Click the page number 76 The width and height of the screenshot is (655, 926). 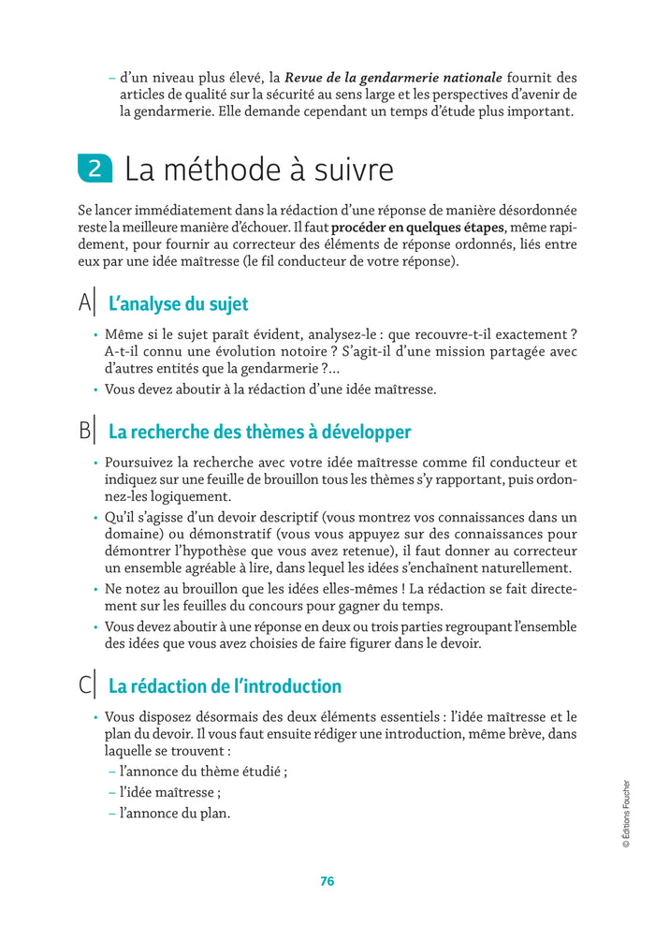(x=327, y=881)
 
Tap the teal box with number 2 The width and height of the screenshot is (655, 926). (x=95, y=169)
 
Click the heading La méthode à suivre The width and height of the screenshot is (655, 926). (x=259, y=169)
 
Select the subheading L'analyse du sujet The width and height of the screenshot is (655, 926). (x=178, y=304)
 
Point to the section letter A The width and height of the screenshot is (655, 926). (x=85, y=303)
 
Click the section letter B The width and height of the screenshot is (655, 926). (x=85, y=431)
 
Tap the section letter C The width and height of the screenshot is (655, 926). (x=85, y=685)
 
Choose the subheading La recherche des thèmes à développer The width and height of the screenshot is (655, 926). (x=259, y=432)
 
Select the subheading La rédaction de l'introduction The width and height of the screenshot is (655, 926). (x=225, y=686)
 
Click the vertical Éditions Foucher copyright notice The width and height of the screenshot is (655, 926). (x=626, y=814)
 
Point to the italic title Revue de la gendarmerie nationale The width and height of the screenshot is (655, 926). (x=393, y=77)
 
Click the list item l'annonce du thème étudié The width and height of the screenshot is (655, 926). (x=202, y=772)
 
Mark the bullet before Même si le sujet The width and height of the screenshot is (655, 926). (x=95, y=335)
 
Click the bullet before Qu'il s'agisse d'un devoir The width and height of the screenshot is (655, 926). (x=95, y=517)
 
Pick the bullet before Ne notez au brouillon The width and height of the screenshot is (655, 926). (x=95, y=589)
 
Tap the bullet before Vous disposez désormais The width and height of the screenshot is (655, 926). (x=95, y=717)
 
